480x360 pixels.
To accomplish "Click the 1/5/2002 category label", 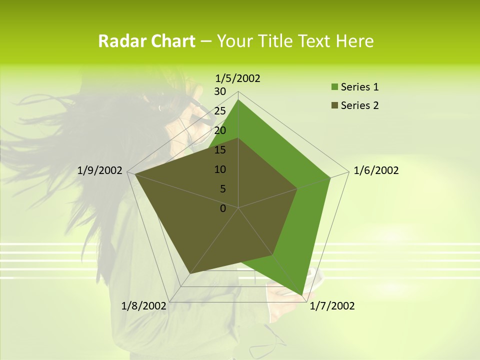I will [238, 78].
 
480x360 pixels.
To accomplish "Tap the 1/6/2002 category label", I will [376, 171].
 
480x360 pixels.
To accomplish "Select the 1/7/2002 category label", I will [332, 306].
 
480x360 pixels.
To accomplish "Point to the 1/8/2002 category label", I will [144, 306].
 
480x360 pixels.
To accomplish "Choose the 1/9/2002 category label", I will [100, 171].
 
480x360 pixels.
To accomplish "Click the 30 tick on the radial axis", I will [220, 91].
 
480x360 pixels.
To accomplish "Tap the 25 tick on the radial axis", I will [220, 111].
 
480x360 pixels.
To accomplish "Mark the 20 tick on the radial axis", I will [220, 130].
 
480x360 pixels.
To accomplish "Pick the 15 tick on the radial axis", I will [220, 150].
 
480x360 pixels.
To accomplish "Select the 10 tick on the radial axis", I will [220, 169].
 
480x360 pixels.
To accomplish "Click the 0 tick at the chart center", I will [223, 208].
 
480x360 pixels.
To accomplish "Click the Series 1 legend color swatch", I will [334, 87].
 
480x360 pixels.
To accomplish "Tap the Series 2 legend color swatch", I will [334, 105].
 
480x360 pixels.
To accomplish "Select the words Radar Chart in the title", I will [146, 41].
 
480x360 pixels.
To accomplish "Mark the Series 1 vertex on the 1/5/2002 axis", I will [238, 99].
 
